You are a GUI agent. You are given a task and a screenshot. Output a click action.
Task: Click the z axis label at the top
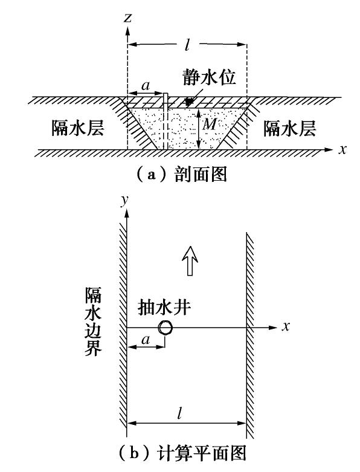[x=128, y=18]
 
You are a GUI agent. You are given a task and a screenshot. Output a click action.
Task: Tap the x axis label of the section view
[x=342, y=149]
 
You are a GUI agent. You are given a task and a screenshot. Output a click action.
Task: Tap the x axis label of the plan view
[x=286, y=326]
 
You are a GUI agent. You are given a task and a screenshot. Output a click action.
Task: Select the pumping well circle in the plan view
[x=166, y=328]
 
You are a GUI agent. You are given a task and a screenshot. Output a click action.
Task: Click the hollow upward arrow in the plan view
[x=190, y=260]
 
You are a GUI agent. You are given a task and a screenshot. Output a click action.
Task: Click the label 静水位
[x=210, y=77]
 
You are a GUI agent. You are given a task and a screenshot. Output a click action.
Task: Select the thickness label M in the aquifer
[x=209, y=123]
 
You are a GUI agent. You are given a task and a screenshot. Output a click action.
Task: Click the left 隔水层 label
[x=78, y=128]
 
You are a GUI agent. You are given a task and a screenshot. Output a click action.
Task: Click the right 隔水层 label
[x=289, y=128]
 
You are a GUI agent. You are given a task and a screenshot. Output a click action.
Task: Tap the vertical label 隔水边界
[x=93, y=322]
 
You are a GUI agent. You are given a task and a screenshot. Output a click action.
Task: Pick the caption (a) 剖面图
[x=181, y=175]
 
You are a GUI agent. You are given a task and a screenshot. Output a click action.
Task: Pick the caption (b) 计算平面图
[x=182, y=453]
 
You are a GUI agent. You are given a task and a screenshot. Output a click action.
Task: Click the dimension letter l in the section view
[x=187, y=45]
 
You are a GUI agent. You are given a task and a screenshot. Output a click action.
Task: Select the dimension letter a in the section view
[x=146, y=86]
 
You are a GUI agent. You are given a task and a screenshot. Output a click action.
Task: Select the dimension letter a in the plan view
[x=146, y=340]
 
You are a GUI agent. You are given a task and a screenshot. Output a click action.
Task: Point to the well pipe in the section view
[x=165, y=121]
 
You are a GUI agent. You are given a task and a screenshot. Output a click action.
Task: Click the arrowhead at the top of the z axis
[x=128, y=30]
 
